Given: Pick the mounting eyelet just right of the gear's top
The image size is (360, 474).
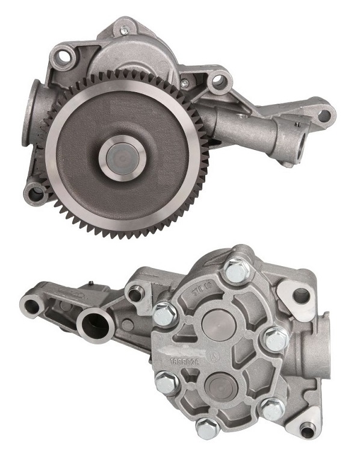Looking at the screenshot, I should coord(217,80).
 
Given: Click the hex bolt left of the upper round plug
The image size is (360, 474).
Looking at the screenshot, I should coord(164,313).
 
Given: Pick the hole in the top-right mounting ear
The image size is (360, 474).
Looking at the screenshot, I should coord(300,295).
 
